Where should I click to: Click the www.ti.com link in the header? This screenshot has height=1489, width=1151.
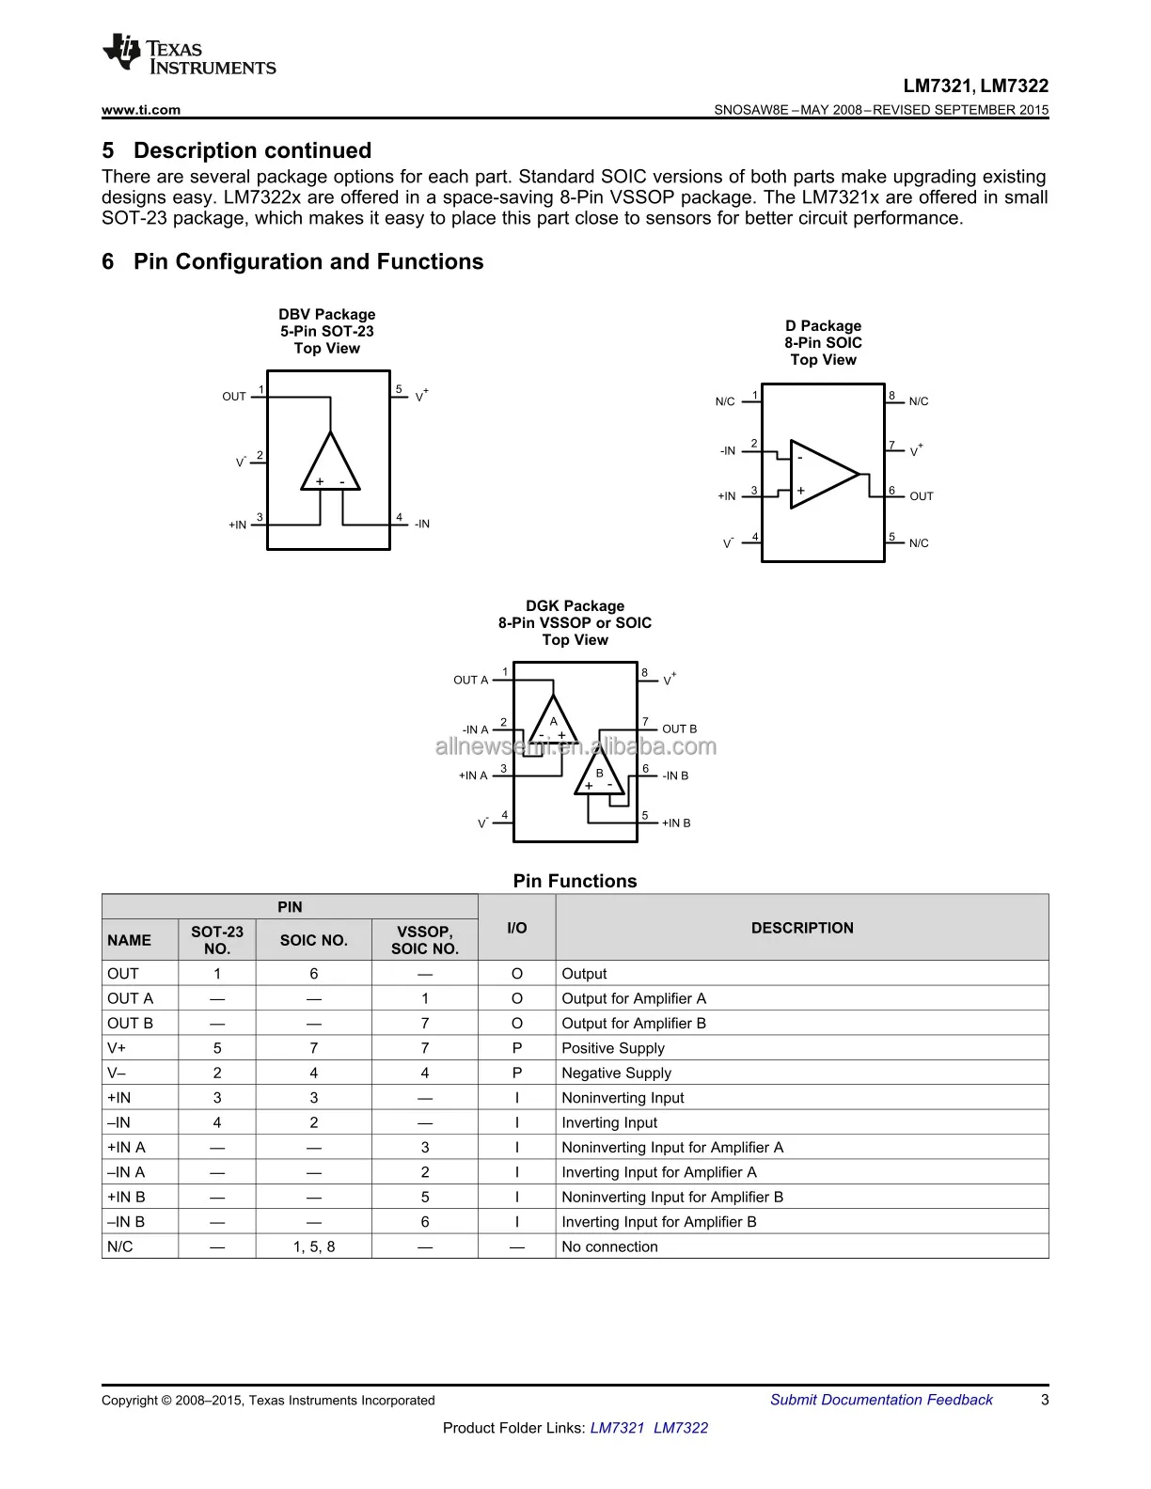point(140,110)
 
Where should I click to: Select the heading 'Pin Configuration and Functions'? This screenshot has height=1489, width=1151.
point(307,262)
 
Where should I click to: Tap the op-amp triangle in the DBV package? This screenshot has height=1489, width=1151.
point(330,463)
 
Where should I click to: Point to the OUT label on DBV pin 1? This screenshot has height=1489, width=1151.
point(234,397)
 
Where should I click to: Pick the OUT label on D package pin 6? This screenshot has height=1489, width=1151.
point(922,496)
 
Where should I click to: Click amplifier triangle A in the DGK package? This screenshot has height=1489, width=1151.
point(553,722)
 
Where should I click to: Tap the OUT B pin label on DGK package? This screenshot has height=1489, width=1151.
point(679,729)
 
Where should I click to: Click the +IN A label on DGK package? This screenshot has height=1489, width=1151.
point(473,776)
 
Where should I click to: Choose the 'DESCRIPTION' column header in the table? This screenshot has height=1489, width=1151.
point(802,928)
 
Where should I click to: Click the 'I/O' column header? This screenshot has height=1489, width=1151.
point(516,928)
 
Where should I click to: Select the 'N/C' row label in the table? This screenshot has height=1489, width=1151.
point(120,1247)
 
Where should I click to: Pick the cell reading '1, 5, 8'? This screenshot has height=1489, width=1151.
point(314,1247)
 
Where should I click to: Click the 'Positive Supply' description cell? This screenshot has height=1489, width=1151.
point(613,1049)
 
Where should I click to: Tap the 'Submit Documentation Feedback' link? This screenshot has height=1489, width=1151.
point(881,1401)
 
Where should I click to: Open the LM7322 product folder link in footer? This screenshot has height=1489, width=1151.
point(680,1429)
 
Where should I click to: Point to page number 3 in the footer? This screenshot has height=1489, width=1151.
point(1045,1401)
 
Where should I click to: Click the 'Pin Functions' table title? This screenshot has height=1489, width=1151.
point(575,882)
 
